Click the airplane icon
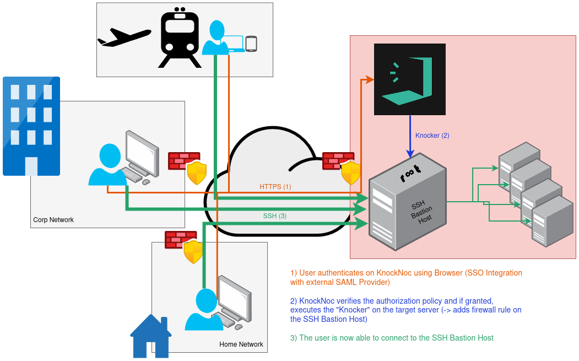(x=124, y=36)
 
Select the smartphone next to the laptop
(x=251, y=44)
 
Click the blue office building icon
(x=31, y=126)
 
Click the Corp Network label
(x=53, y=220)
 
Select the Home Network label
(x=241, y=344)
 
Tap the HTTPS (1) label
(x=275, y=187)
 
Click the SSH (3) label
(x=275, y=216)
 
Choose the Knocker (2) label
(x=432, y=136)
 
